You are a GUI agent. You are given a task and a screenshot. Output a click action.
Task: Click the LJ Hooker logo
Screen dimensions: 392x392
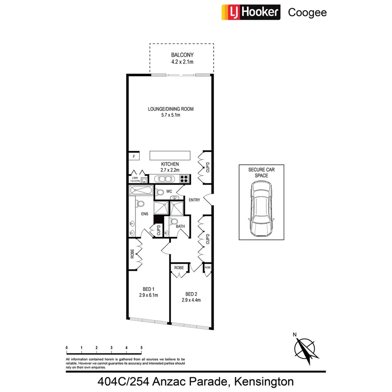250,12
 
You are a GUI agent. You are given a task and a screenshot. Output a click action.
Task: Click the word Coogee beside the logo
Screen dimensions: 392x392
307,13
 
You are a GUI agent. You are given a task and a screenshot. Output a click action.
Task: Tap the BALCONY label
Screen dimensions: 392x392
182,55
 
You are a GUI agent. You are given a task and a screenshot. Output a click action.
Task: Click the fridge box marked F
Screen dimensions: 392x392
134,156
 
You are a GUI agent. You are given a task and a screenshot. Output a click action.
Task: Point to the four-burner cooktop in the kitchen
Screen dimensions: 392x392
184,178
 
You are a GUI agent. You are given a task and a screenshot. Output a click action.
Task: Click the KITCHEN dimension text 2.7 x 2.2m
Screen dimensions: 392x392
170,170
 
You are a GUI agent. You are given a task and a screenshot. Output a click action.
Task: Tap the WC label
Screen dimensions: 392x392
169,191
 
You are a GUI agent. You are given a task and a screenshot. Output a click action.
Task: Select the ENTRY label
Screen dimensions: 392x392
194,200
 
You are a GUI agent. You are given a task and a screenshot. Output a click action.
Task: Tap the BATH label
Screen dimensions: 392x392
180,226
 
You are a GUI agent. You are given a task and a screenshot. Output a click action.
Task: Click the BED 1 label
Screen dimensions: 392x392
148,289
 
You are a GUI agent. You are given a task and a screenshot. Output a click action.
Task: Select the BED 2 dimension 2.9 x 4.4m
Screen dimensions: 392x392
191,300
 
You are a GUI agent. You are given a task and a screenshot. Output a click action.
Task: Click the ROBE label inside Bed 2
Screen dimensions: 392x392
179,267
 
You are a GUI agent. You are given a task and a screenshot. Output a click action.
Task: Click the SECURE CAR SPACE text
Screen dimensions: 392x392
261,173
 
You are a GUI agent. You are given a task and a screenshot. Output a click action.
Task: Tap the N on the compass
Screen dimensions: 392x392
295,335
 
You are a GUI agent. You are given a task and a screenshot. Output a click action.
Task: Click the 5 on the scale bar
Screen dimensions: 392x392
141,347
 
